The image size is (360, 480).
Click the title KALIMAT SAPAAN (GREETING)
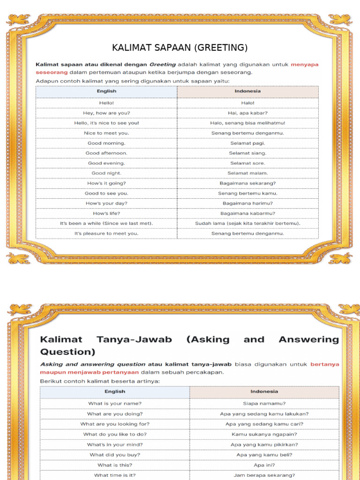(180, 48)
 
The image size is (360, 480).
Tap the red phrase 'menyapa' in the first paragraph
(305, 64)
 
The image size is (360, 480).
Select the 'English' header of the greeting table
(106, 91)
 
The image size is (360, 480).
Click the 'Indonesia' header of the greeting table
(247, 91)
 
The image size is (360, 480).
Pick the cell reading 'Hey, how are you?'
(106, 113)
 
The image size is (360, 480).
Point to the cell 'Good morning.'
(106, 143)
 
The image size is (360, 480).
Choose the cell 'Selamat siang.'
(247, 153)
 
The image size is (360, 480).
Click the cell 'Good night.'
(106, 173)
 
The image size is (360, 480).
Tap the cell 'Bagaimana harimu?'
(247, 203)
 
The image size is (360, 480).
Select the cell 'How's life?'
(106, 213)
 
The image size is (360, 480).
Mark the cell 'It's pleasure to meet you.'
(106, 233)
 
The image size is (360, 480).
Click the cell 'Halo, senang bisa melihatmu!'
(247, 123)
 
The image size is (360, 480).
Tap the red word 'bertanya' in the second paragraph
(324, 364)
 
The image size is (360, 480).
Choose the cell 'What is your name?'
(115, 403)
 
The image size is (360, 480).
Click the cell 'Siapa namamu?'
(264, 403)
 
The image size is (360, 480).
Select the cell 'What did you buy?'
(115, 455)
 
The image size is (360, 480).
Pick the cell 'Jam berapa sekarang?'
(264, 475)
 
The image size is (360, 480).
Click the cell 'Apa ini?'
(264, 465)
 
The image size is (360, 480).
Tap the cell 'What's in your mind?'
(115, 444)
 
